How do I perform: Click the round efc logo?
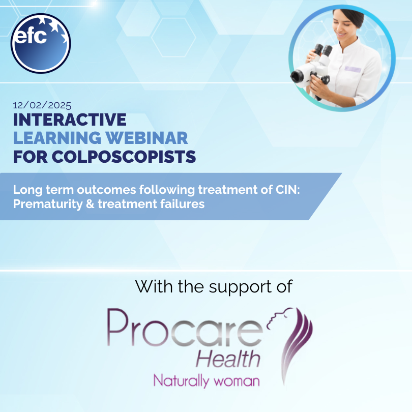click(x=41, y=44)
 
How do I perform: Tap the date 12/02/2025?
click(x=42, y=106)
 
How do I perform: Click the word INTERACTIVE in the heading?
click(x=70, y=120)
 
